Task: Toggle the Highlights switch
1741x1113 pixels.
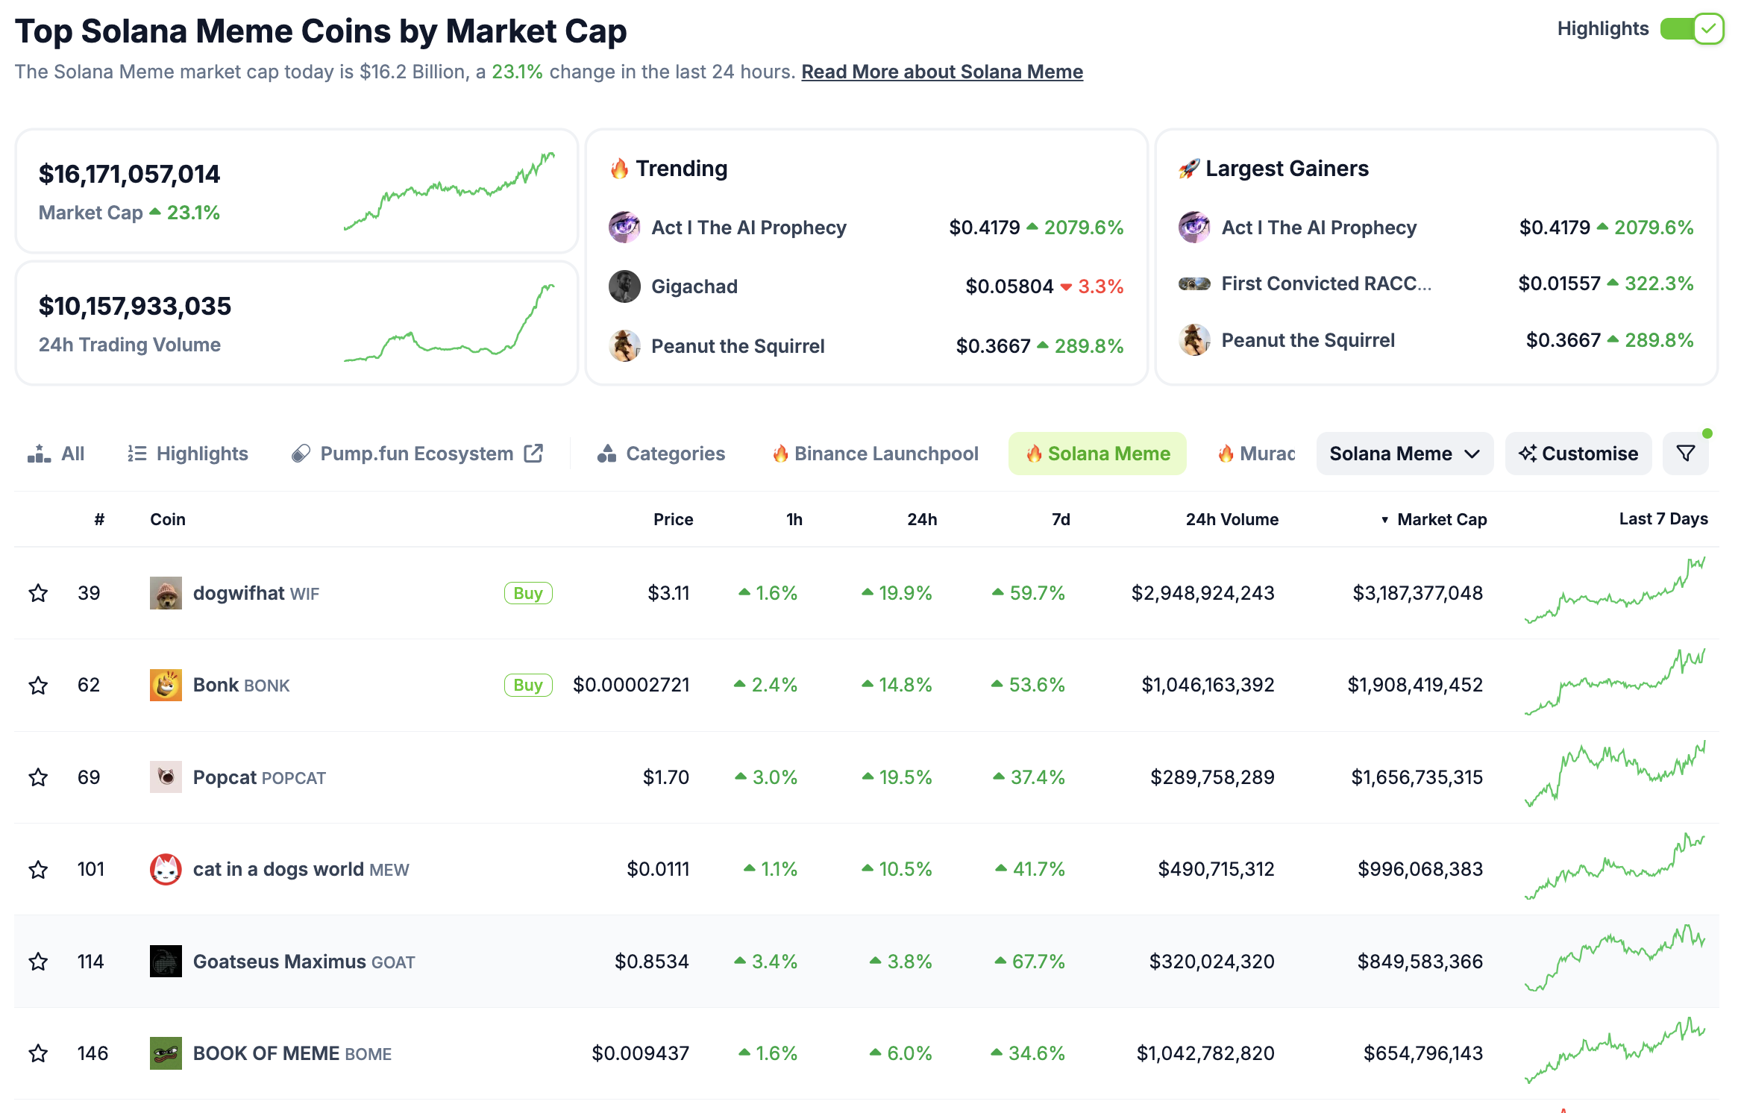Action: click(1691, 30)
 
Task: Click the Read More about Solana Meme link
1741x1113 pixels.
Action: click(941, 72)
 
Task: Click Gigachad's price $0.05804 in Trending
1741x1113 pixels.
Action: click(1008, 286)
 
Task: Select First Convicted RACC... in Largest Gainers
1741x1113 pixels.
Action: click(1326, 283)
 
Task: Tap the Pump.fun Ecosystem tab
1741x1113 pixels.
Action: click(417, 454)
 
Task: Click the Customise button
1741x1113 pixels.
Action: click(1578, 454)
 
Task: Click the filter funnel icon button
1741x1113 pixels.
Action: click(1685, 454)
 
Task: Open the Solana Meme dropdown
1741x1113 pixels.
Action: click(1404, 454)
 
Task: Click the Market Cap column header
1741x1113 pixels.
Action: click(1441, 519)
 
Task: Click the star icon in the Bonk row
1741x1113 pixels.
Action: click(38, 685)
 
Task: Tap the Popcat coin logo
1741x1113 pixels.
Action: click(166, 777)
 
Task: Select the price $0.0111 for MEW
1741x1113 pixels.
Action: click(658, 869)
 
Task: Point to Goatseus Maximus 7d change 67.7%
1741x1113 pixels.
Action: click(1037, 962)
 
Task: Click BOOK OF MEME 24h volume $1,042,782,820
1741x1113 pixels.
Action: click(1205, 1053)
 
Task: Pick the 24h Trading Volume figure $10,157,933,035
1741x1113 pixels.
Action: click(135, 306)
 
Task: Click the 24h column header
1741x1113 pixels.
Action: click(921, 519)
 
